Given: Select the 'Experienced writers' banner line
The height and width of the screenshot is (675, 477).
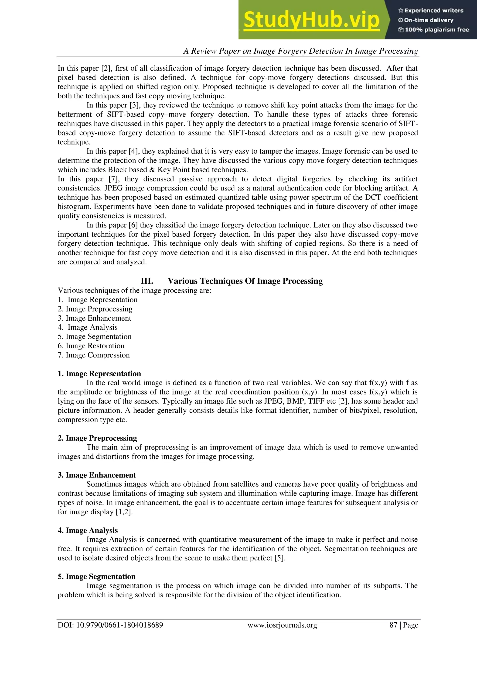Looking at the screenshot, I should tap(431, 10).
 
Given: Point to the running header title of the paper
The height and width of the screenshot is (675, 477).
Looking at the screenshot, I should tap(300, 51).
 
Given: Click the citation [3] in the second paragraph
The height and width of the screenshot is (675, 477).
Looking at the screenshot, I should tap(134, 105).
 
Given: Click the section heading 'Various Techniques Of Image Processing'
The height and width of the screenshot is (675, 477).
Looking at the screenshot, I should tap(245, 281).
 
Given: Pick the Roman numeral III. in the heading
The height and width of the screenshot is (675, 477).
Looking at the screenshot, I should tap(147, 281).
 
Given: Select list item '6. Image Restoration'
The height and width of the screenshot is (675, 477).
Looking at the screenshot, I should tap(91, 346).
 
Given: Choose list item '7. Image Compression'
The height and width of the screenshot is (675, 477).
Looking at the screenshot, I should tap(94, 355).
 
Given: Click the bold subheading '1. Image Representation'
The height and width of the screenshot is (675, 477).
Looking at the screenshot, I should tap(99, 374).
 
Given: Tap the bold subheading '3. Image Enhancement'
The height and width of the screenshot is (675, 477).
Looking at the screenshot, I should tap(97, 475).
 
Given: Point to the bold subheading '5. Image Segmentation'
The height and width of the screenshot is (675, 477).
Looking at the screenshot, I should tap(97, 577).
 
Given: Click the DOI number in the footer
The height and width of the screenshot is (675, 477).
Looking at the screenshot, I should tap(110, 625).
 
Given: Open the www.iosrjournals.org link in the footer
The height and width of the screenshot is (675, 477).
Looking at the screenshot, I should tap(282, 625).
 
